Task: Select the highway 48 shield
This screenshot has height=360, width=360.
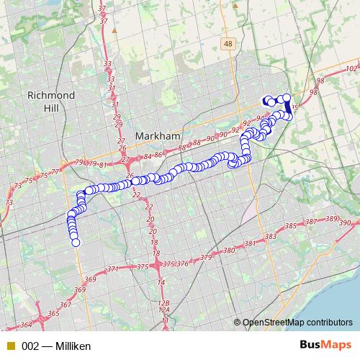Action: tap(229, 45)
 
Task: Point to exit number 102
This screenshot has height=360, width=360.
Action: tap(351, 68)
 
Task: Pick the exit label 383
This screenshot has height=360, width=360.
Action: tap(271, 237)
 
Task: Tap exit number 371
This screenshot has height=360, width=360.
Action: tap(112, 269)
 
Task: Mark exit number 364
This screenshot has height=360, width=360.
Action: tap(25, 325)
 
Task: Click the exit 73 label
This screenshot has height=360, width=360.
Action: tap(9, 204)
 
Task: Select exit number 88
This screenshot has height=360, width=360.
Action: tap(181, 147)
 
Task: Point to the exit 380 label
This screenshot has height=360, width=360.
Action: tap(229, 251)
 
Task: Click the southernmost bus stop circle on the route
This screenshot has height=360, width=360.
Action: tap(75, 243)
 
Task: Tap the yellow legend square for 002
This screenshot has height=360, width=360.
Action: tap(10, 346)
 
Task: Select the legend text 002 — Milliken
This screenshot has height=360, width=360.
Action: tap(56, 346)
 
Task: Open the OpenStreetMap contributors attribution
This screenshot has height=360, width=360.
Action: tap(297, 323)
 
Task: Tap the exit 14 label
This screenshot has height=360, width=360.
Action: tap(161, 282)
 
